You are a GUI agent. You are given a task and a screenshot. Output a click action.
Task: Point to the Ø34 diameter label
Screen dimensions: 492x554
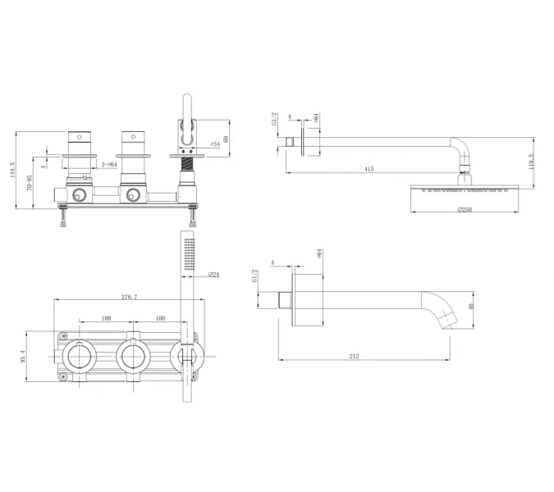pos(214,144)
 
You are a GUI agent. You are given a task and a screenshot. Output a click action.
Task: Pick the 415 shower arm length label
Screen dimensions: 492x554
pos(369,168)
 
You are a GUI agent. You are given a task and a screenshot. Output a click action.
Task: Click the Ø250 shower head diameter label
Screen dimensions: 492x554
pos(465,210)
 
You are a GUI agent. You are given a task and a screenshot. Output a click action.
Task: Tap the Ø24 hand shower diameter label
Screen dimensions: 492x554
pos(213,274)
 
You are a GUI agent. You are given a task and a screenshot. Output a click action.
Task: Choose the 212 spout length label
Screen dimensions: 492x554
pos(354,356)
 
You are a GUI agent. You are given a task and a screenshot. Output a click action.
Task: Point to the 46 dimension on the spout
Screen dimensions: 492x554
pos(470,307)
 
